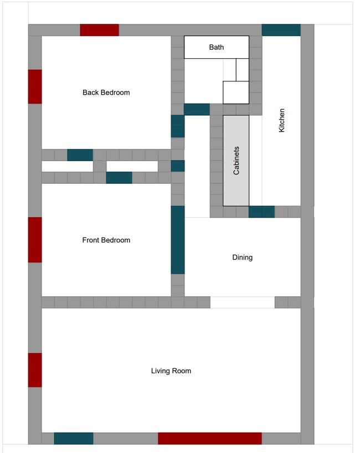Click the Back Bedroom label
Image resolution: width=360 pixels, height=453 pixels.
(x=106, y=92)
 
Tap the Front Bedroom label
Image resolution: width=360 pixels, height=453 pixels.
(x=106, y=240)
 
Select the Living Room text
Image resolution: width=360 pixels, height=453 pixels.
(x=171, y=371)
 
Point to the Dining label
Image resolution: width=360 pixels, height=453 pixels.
(x=242, y=258)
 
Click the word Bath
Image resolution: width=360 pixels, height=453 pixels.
(x=216, y=47)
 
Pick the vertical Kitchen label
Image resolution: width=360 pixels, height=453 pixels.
(x=281, y=120)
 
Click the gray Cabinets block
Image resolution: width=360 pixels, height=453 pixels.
(x=236, y=161)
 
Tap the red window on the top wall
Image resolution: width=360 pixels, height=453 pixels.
(x=99, y=30)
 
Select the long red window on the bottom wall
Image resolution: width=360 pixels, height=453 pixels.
(x=209, y=439)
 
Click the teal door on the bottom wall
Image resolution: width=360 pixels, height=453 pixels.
(x=73, y=439)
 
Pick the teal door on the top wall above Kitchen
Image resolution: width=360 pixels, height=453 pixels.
(x=281, y=30)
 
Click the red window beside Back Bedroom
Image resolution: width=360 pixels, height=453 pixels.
(x=35, y=86)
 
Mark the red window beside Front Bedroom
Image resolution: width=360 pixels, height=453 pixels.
(x=35, y=240)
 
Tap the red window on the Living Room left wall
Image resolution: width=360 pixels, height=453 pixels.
(x=35, y=370)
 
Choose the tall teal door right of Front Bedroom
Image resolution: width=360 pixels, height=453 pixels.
(x=177, y=240)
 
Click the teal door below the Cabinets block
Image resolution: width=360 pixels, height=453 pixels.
(x=261, y=212)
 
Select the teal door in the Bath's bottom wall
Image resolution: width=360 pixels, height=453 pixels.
(x=197, y=109)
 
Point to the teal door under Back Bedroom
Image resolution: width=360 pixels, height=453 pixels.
(x=80, y=155)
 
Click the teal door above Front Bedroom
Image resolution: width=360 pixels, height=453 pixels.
(x=119, y=178)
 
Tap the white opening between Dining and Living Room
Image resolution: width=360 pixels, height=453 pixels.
(x=242, y=302)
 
